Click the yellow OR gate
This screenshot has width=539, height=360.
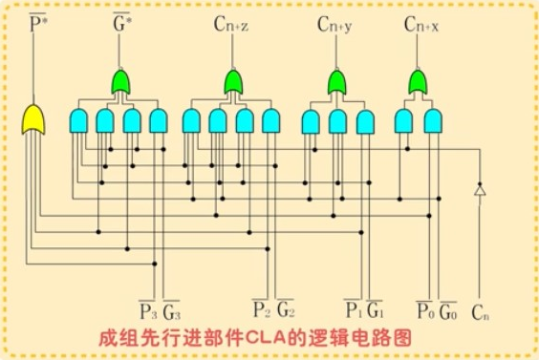(34, 119)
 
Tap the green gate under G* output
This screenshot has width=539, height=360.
(122, 82)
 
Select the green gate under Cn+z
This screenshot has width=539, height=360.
(232, 82)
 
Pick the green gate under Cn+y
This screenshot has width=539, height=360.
(337, 82)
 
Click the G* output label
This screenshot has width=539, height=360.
(121, 21)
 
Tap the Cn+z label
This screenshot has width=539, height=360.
(231, 21)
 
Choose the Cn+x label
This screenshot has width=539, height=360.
(421, 21)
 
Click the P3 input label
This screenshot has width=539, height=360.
(148, 310)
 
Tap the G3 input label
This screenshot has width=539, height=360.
(171, 310)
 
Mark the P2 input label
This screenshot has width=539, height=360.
(260, 310)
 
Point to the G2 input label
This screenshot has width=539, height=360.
(285, 310)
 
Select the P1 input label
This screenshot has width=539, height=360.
(353, 310)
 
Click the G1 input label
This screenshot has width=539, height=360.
(376, 310)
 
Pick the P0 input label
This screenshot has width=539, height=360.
(425, 310)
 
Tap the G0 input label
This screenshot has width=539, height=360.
(448, 310)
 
